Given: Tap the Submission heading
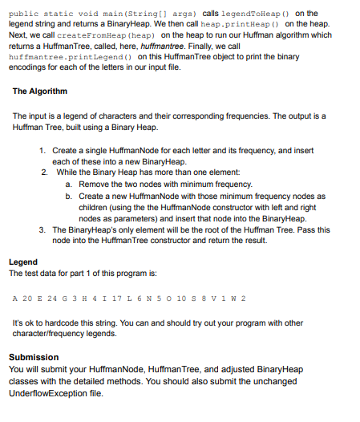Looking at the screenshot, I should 34,357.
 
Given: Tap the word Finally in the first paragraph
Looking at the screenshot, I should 266,47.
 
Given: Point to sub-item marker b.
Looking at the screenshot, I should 67,196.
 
